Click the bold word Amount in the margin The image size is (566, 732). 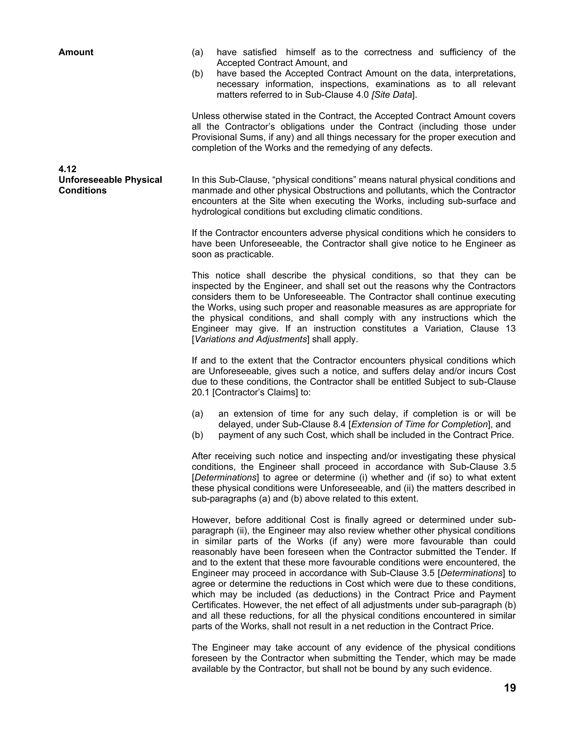(x=76, y=52)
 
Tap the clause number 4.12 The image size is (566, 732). (x=67, y=169)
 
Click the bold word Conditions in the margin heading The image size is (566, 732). (x=82, y=190)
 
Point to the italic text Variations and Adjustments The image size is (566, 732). (x=250, y=339)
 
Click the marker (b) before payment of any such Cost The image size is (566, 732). (x=198, y=435)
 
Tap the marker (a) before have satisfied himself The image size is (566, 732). (x=198, y=52)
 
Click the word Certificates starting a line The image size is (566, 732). (x=216, y=605)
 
